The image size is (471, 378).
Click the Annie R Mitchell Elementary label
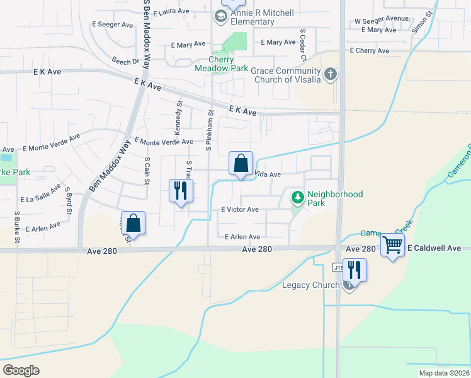[x=253, y=17]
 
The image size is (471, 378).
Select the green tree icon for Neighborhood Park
[x=297, y=198]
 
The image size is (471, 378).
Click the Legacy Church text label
[x=310, y=285]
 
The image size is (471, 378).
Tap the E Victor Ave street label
[x=239, y=209]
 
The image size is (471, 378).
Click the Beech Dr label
[x=125, y=62]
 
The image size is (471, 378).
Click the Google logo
[x=21, y=370]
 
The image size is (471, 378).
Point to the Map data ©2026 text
[x=444, y=373]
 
